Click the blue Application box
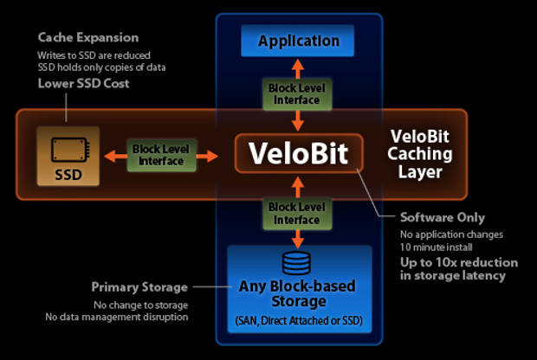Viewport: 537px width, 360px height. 298,41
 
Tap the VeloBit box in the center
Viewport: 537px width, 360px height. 299,153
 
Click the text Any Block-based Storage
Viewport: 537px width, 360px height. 299,292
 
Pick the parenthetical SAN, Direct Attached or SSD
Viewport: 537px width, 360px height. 299,322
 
